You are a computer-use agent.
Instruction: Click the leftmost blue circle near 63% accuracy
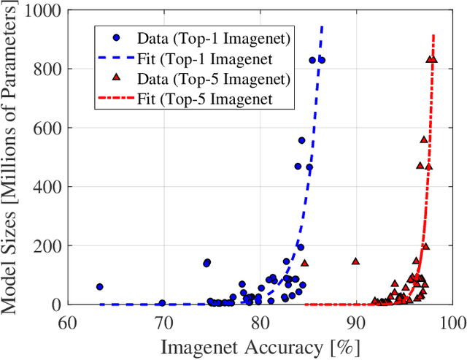[x=99, y=287]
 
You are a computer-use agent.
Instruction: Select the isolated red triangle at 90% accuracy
[x=355, y=261]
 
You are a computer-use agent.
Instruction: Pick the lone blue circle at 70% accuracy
[x=162, y=303]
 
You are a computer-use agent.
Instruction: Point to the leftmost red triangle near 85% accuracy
[x=305, y=263]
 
